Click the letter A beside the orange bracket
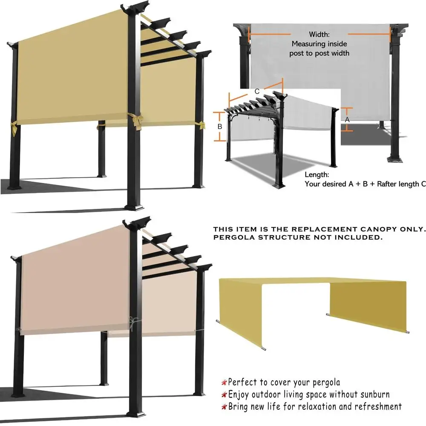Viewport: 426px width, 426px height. click(347, 120)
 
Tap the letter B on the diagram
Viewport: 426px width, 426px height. click(220, 127)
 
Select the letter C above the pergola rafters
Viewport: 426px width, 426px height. click(257, 91)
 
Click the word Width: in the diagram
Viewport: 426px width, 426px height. click(319, 34)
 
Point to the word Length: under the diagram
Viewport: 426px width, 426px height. click(317, 175)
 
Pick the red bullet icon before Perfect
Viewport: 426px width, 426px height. click(224, 382)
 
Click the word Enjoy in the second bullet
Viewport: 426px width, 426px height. click(239, 394)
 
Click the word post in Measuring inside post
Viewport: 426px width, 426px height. click(299, 53)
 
